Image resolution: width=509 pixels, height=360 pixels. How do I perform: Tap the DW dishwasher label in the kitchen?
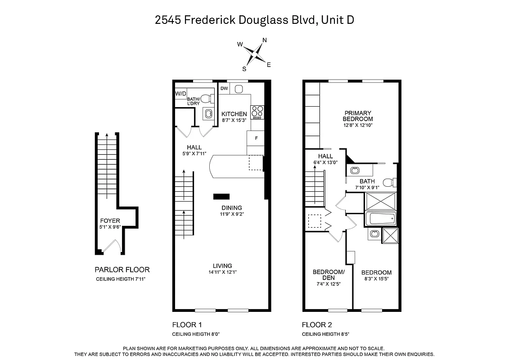point(224,89)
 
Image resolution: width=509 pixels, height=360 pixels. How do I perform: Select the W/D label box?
point(180,93)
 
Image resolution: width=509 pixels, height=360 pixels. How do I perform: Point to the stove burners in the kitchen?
point(257,111)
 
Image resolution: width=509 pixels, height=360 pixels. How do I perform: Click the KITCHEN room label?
point(234,114)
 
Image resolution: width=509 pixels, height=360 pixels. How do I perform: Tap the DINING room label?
point(231,208)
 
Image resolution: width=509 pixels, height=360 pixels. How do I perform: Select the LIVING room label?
point(222,265)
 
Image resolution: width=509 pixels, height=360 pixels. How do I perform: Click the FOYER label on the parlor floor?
point(110,220)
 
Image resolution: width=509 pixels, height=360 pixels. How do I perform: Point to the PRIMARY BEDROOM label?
point(358,116)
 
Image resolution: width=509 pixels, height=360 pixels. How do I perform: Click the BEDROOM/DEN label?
point(329,275)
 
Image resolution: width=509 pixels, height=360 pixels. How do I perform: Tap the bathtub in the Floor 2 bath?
point(380,219)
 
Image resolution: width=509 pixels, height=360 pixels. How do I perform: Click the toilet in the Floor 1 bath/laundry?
point(206,99)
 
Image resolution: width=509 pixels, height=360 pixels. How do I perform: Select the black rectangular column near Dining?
point(221,196)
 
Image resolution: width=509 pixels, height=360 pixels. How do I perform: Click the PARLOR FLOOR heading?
point(122,270)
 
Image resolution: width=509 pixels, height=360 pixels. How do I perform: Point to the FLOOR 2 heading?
point(317,324)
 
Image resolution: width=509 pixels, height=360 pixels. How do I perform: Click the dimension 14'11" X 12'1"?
point(222,272)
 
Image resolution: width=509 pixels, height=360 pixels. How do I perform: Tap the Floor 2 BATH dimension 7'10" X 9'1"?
point(367,188)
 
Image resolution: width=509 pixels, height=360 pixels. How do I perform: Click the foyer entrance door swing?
point(111,246)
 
